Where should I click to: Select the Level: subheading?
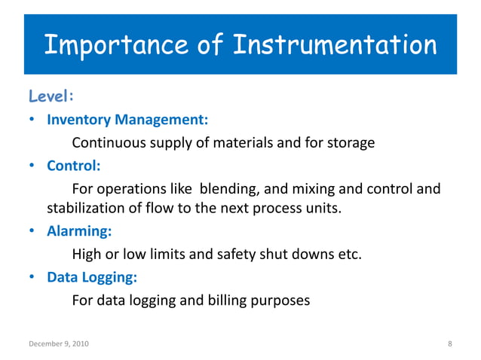pos(51,96)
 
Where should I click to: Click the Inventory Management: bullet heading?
pos(127,120)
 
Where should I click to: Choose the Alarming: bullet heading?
pos(78,232)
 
